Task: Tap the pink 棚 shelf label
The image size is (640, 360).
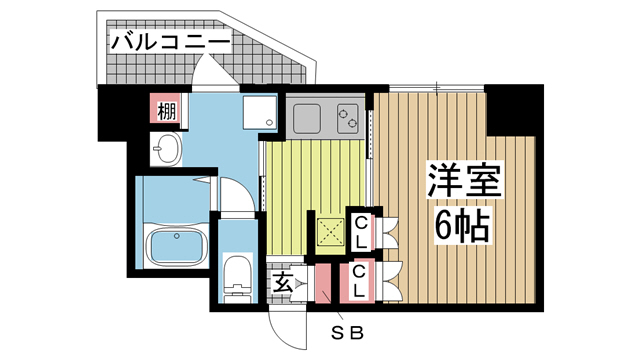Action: (166, 110)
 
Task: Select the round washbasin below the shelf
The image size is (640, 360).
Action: (167, 152)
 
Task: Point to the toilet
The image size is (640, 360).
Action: (237, 275)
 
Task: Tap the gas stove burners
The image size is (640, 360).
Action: (350, 117)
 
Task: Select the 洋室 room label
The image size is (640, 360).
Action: (462, 183)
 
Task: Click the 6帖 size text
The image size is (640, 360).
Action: (462, 228)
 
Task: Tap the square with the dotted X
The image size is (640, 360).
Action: (329, 231)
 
